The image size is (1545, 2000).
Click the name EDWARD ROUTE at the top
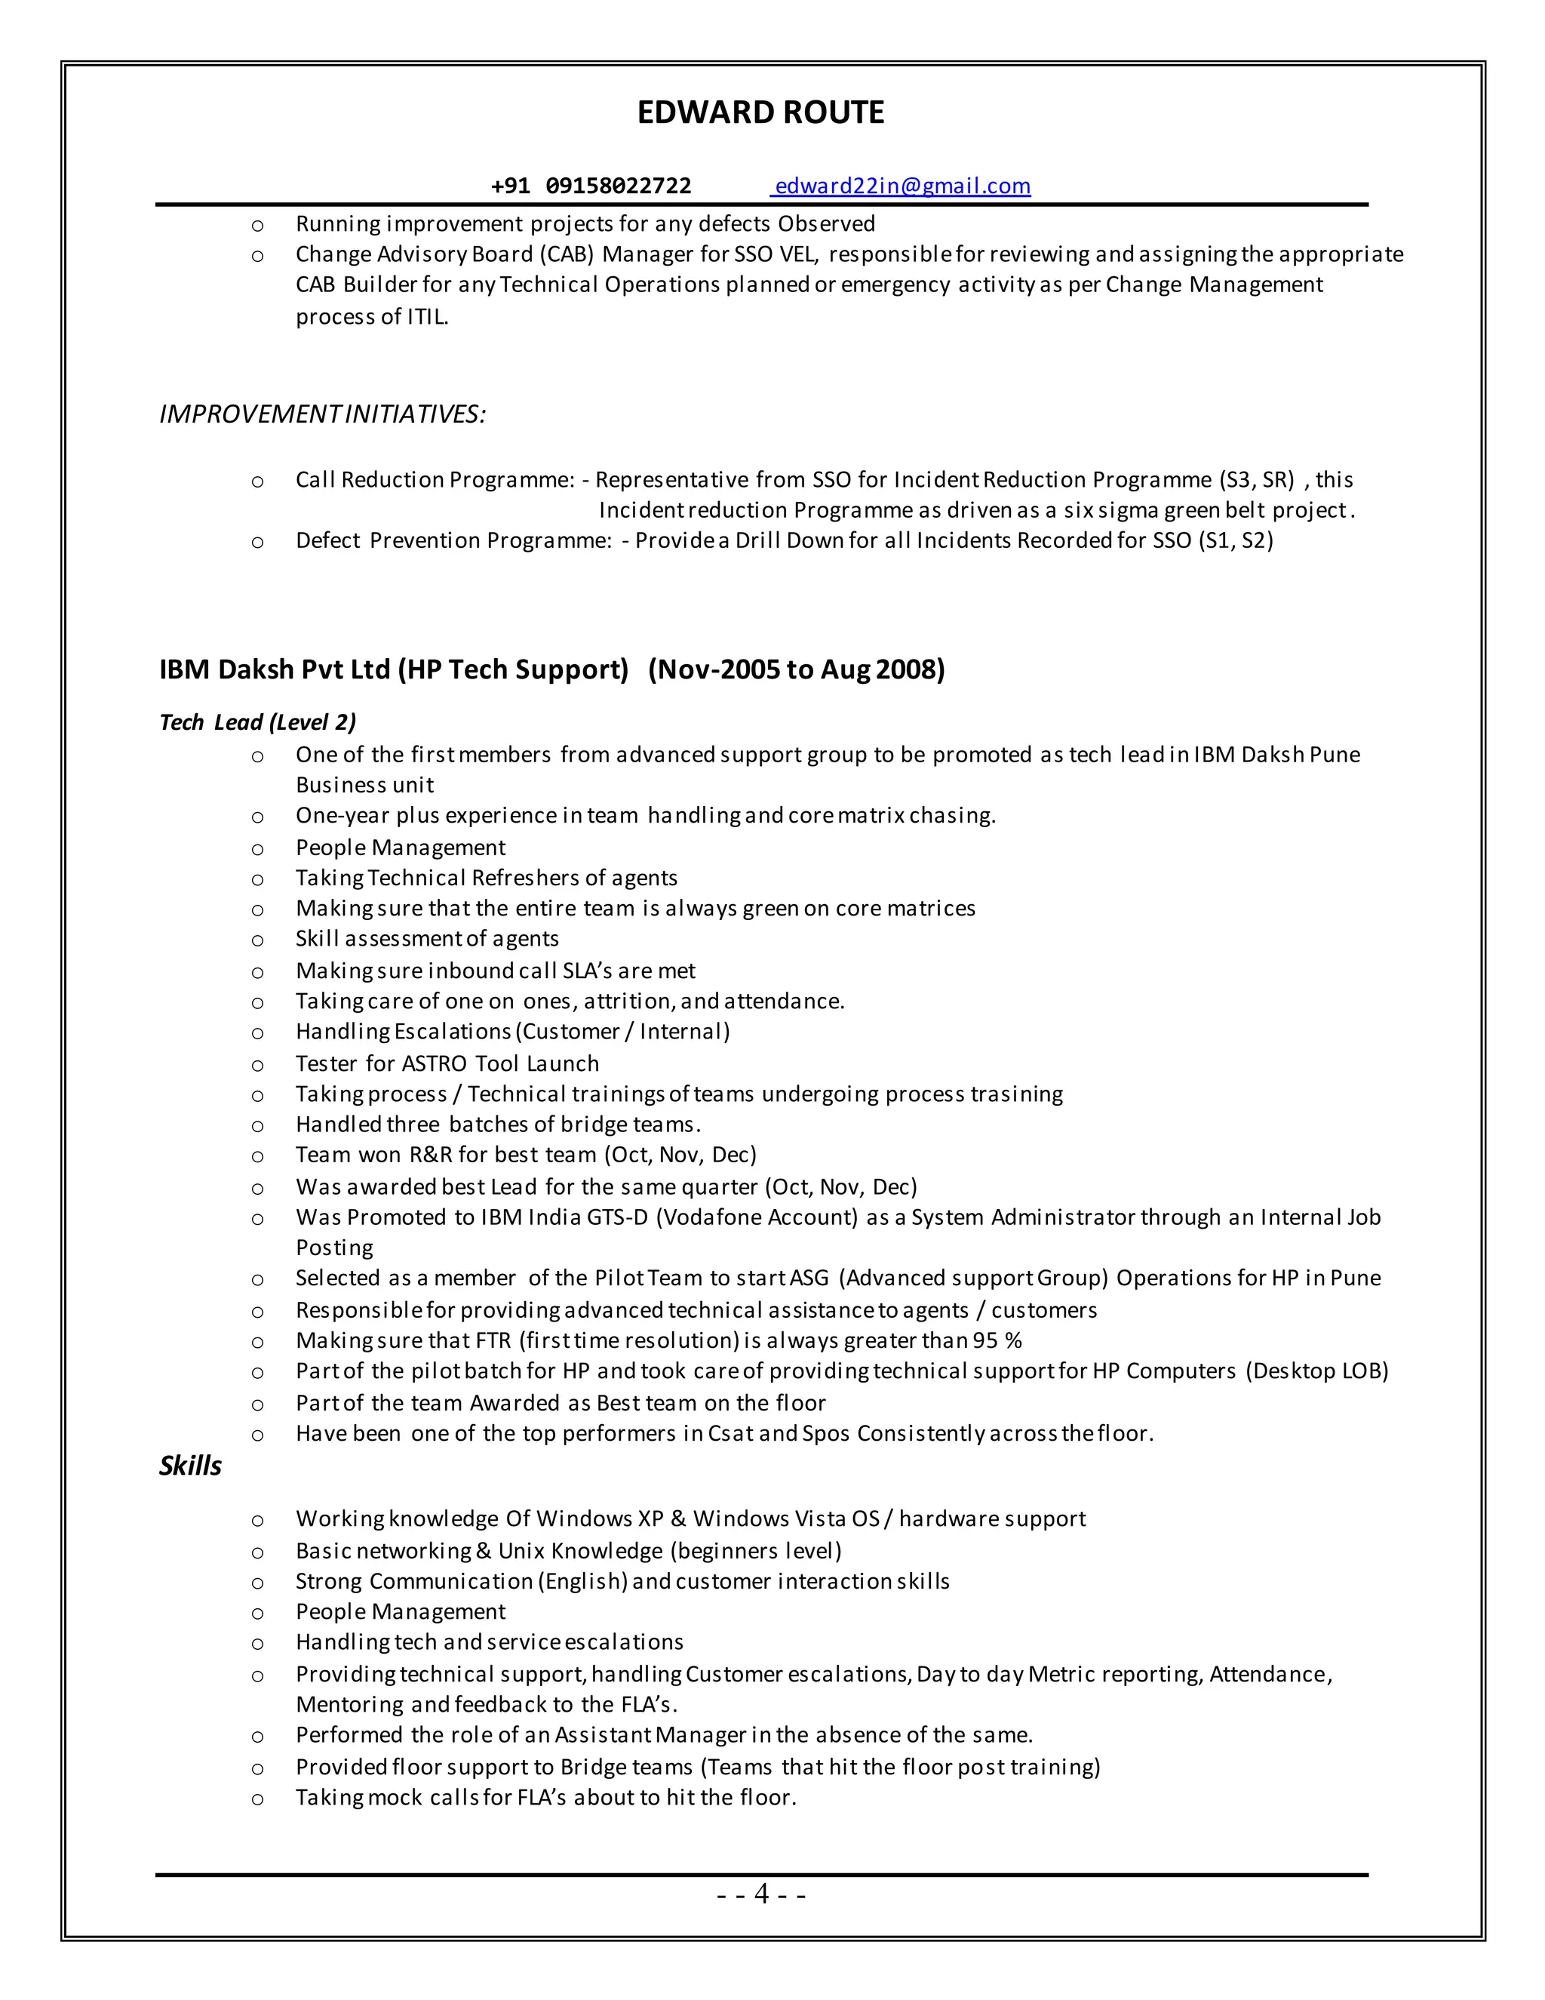tap(760, 112)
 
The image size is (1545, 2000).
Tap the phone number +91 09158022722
tap(591, 186)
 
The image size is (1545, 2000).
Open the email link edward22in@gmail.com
tap(902, 186)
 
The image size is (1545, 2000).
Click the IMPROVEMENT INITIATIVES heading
tap(322, 414)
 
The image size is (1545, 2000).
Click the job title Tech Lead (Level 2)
tap(257, 722)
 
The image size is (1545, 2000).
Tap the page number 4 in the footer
tap(761, 1893)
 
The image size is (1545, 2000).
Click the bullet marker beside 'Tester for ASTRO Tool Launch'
tap(258, 1065)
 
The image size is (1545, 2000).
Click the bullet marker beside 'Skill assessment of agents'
tap(258, 940)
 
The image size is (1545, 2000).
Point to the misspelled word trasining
tap(1016, 1094)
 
